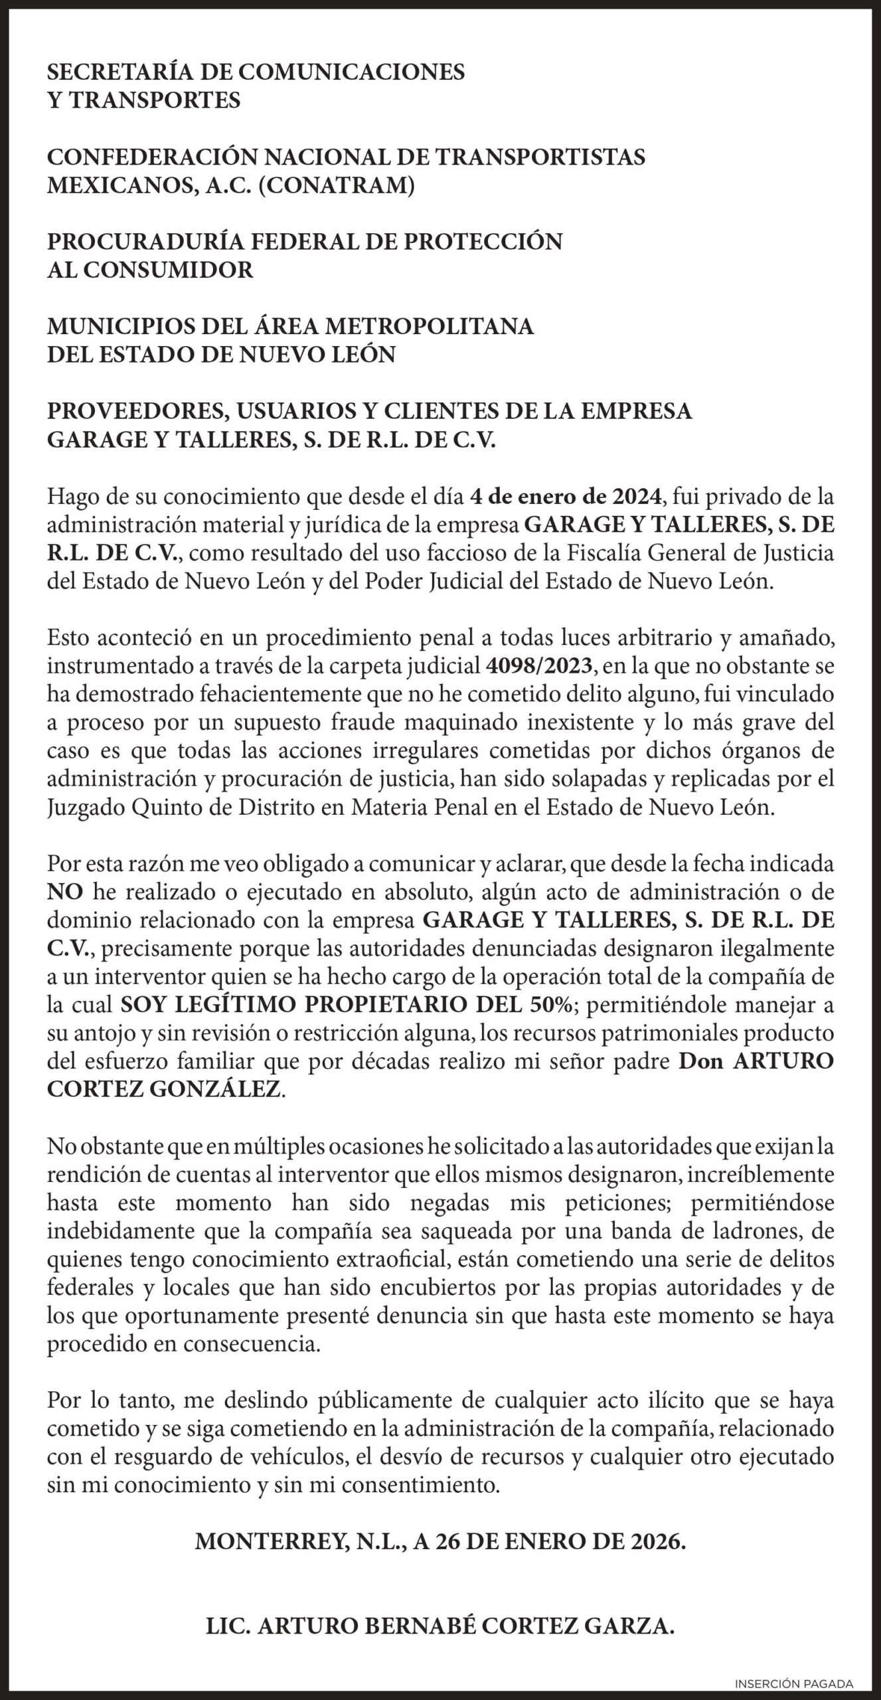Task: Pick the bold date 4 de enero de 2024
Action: pos(566,496)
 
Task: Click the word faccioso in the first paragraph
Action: pos(440,552)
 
